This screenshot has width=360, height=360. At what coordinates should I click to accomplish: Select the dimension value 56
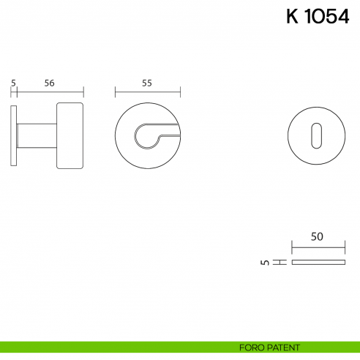point(50,83)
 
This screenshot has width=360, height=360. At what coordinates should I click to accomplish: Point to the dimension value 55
point(147,83)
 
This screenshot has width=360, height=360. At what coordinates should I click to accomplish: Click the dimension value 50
point(317,236)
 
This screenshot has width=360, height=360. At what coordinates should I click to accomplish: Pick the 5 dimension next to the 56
point(14,83)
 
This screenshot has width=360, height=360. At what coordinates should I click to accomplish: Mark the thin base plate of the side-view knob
point(14,135)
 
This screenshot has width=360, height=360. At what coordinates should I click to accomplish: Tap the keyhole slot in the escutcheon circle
point(317,135)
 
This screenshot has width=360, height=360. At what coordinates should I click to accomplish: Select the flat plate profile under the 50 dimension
point(318,262)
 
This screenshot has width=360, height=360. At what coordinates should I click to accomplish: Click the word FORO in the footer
point(252,347)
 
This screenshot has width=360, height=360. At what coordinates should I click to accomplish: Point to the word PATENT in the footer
point(281,347)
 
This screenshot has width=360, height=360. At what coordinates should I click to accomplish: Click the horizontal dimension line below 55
point(148,92)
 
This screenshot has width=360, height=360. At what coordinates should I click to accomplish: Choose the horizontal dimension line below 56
point(50,92)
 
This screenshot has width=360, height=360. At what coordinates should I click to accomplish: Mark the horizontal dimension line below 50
point(318,247)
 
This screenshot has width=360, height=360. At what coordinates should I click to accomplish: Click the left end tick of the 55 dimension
point(116,92)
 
